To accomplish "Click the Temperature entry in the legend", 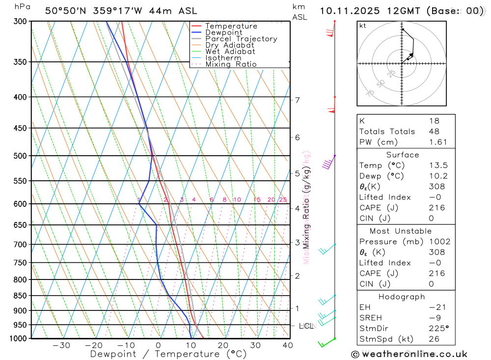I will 231,26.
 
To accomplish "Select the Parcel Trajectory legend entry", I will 241,39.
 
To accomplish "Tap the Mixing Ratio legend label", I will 231,64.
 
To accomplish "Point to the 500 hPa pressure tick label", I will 20,156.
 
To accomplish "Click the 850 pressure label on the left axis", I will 20,296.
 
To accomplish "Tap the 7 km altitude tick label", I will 297,100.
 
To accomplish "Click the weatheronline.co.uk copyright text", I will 409,354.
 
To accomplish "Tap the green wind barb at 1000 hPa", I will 326,342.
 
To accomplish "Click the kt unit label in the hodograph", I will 363,26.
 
